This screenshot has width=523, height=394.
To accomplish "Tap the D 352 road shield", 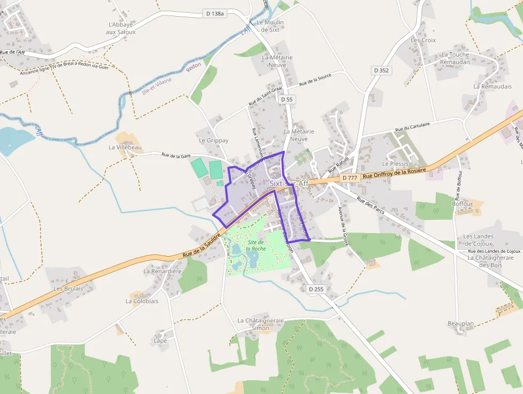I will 382,70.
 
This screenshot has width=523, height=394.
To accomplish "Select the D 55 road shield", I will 287,99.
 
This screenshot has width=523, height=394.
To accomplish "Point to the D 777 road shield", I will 350,177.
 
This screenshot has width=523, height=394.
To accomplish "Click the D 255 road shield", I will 316,289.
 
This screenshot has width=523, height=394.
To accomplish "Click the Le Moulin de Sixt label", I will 270,26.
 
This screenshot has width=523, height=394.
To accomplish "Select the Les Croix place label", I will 423,40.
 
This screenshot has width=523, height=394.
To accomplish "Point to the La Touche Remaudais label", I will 455,58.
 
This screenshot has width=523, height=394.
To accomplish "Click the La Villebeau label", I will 125,147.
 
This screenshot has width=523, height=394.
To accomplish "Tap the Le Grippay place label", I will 213,141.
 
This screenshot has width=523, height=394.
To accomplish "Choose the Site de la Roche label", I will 256,245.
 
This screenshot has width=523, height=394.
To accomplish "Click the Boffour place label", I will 463,204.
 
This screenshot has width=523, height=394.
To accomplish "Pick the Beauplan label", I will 461,324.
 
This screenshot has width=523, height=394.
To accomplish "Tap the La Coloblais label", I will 142,301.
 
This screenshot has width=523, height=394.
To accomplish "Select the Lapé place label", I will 160,340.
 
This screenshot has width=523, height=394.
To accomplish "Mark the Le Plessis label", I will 395,164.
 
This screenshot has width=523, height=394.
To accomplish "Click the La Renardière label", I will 163,271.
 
